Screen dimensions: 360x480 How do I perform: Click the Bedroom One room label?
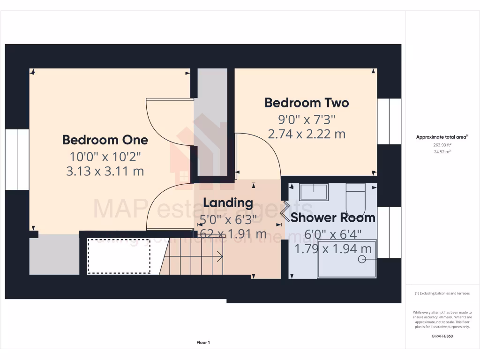coord(105,140)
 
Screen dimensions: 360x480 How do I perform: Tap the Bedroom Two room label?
coord(307,102)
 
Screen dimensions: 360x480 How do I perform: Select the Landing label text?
coord(228,203)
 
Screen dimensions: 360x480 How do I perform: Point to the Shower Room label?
coord(333,217)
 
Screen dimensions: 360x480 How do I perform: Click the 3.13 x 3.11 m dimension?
coord(105,171)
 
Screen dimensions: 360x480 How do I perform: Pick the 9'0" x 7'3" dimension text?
coord(307,119)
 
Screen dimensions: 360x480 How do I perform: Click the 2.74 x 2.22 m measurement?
coord(307,134)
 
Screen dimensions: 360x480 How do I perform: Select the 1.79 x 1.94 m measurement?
coord(333,248)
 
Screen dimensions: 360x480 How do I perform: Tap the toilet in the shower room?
coord(355,200)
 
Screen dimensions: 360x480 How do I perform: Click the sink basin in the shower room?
coord(314,192)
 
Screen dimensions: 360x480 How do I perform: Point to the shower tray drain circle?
coord(362,259)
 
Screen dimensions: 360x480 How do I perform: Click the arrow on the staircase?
coord(218,256)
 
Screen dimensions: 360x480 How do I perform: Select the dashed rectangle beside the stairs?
coord(119,256)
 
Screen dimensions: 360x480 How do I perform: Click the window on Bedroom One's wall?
coord(17,159)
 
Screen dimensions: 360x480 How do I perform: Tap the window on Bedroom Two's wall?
coord(389,121)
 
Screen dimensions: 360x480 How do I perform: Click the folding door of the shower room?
coord(285,211)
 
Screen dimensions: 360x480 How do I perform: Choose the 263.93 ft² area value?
coord(442,145)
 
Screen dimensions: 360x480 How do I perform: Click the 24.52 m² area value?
coord(442,152)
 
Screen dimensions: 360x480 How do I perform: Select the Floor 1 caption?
coord(203,343)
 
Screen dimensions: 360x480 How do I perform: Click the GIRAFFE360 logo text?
coord(442,336)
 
